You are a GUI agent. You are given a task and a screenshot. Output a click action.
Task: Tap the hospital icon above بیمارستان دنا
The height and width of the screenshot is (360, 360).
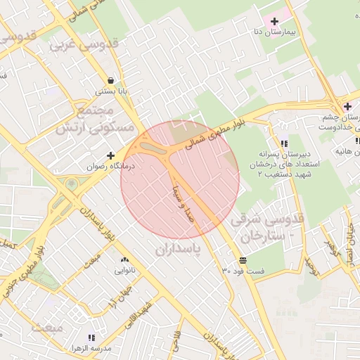(x=274, y=22)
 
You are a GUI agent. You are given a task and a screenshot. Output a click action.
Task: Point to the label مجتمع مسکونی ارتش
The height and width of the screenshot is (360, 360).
(x=94, y=120)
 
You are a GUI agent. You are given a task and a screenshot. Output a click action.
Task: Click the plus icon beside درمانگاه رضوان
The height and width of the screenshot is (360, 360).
(x=110, y=155)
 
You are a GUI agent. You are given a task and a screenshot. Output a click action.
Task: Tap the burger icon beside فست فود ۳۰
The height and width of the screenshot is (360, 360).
(x=243, y=259)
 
